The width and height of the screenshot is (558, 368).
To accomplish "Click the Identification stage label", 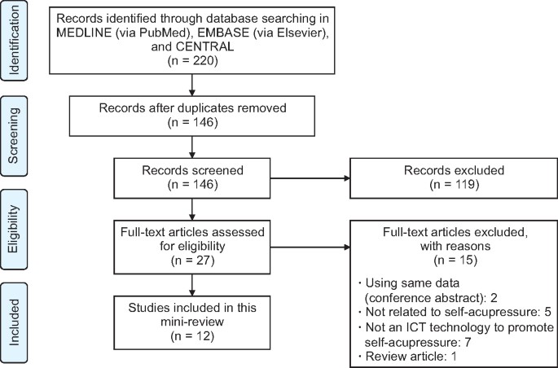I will click(x=16, y=41).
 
